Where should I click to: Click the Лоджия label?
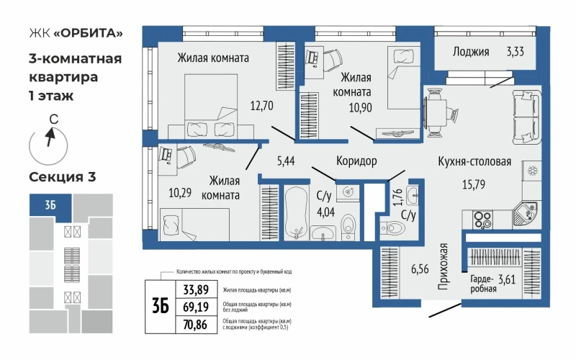pyautogui.click(x=471, y=52)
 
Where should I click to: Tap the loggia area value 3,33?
pyautogui.click(x=515, y=51)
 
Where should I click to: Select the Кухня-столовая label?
pyautogui.click(x=474, y=161)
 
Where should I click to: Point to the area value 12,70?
pyautogui.click(x=261, y=106)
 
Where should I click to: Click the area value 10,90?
pyautogui.click(x=361, y=107)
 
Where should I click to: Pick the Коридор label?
pyautogui.click(x=356, y=161)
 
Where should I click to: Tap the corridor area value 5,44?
pyautogui.click(x=286, y=161)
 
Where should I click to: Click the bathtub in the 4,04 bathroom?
pyautogui.click(x=296, y=212)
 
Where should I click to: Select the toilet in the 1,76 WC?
pyautogui.click(x=392, y=228)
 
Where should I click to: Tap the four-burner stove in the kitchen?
pyautogui.click(x=483, y=220)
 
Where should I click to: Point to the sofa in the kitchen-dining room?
pyautogui.click(x=527, y=117)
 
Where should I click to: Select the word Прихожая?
pyautogui.click(x=444, y=266)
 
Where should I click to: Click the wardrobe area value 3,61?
pyautogui.click(x=507, y=279)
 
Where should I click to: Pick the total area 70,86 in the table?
pyautogui.click(x=195, y=325)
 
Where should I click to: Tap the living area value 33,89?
pyautogui.click(x=196, y=290)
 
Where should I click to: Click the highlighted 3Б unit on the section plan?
pyautogui.click(x=50, y=204)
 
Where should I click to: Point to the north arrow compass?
pyautogui.click(x=48, y=146)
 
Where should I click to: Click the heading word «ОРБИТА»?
pyautogui.click(x=88, y=33)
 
